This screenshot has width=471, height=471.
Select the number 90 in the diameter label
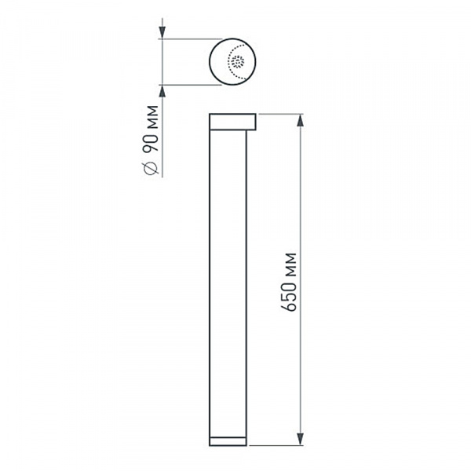[152, 142]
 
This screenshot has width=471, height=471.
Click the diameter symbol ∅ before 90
[152, 166]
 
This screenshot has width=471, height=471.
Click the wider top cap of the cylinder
[232, 122]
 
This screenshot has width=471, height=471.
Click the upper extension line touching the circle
[188, 38]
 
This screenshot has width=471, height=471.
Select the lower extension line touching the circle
[188, 83]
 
